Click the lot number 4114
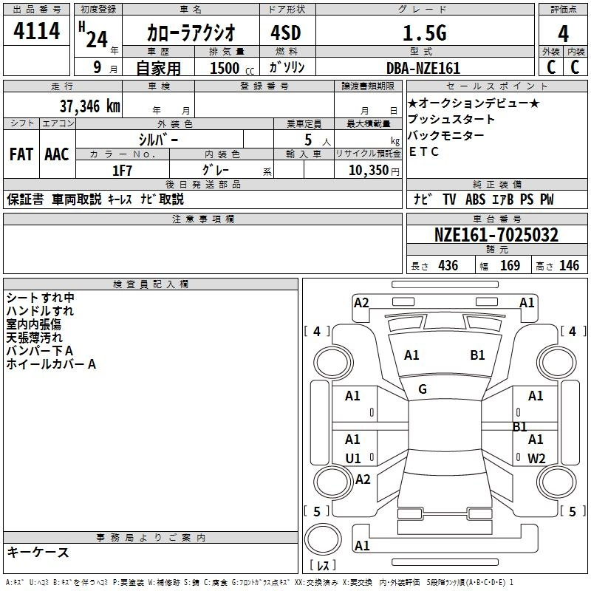pyautogui.click(x=36, y=30)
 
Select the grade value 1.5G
pyautogui.click(x=425, y=33)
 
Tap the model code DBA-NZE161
pyautogui.click(x=423, y=68)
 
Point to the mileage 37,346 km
pyautogui.click(x=89, y=106)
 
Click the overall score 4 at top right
pyautogui.click(x=563, y=33)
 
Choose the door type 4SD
pyautogui.click(x=286, y=33)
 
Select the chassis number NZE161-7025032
pyautogui.click(x=496, y=235)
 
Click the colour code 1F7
pyautogui.click(x=122, y=171)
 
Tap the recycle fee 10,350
pyautogui.click(x=369, y=171)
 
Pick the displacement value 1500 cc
pyautogui.click(x=232, y=68)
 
